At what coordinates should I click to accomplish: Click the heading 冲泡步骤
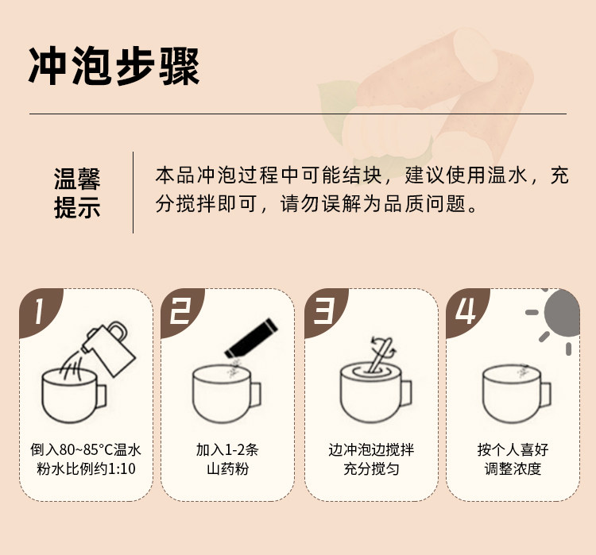click(x=114, y=66)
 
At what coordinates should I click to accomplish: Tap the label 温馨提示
click(x=77, y=194)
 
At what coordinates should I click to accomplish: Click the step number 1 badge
click(x=39, y=311)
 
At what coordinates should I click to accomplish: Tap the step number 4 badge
click(x=466, y=311)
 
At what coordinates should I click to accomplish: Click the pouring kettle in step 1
click(x=108, y=348)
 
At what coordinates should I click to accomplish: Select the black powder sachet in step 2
click(x=251, y=338)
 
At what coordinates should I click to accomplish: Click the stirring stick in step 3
click(x=381, y=355)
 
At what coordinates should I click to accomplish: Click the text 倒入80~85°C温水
click(x=86, y=449)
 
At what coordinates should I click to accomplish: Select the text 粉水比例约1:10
click(x=86, y=468)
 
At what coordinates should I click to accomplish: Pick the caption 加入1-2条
click(x=227, y=449)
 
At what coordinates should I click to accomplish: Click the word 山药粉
click(x=227, y=468)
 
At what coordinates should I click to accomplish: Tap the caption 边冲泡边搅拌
click(x=371, y=449)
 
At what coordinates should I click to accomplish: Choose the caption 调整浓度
click(x=513, y=468)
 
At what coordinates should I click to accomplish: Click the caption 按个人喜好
click(x=513, y=449)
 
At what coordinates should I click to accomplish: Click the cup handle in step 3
click(x=406, y=393)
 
